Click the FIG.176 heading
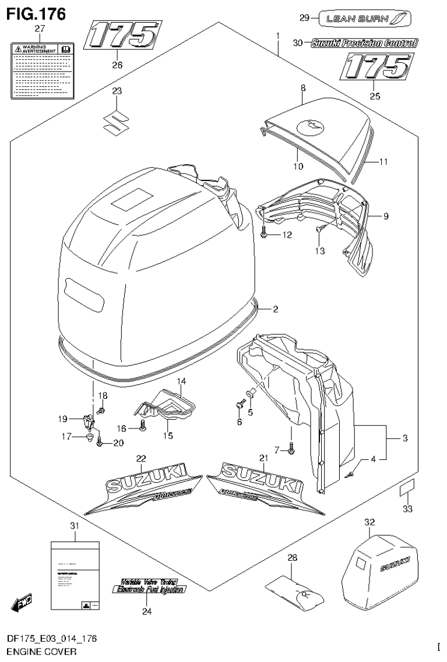[x=36, y=12]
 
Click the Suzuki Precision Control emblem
[x=364, y=43]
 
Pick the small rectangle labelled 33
[x=407, y=488]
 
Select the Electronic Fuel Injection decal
[x=149, y=589]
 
